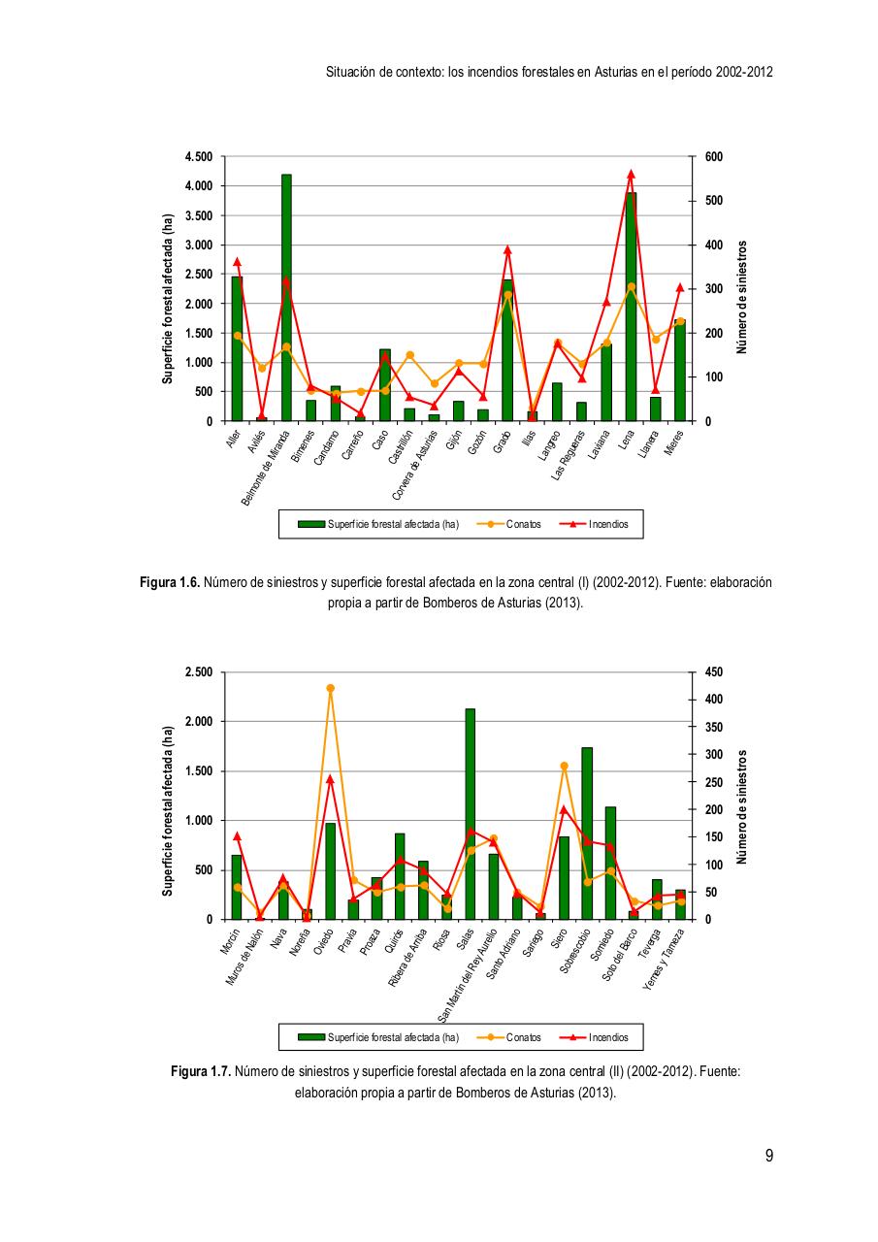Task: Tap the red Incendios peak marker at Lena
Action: pos(631,174)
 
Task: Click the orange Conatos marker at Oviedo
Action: pos(330,688)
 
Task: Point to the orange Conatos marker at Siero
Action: pos(564,766)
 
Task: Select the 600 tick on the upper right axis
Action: pos(713,156)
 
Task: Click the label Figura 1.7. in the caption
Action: pos(200,1072)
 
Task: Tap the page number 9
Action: pos(768,1155)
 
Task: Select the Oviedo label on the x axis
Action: pos(322,942)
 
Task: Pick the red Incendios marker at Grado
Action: pos(507,249)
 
